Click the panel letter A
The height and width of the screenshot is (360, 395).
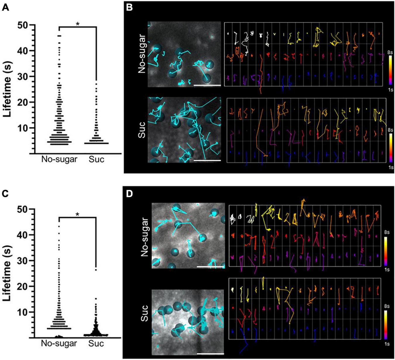click(5, 7)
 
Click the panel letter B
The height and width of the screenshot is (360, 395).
click(129, 7)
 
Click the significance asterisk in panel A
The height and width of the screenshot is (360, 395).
click(78, 24)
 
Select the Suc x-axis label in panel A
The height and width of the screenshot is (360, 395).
click(96, 159)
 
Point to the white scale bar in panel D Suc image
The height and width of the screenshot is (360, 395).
click(210, 353)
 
